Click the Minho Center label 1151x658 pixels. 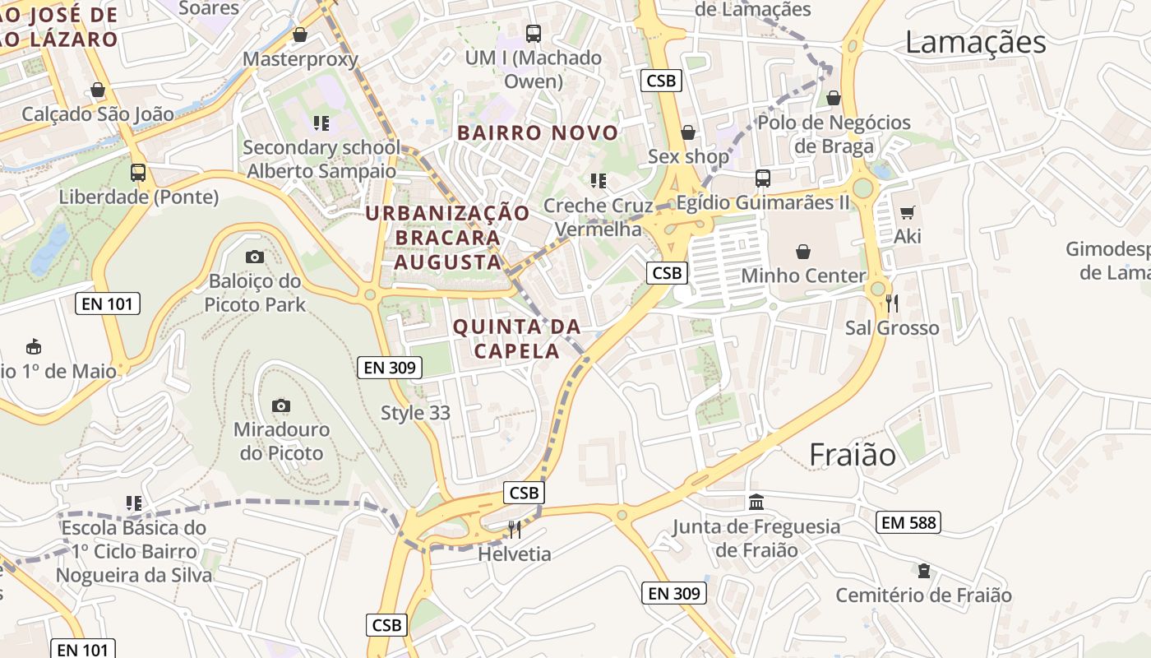[803, 276]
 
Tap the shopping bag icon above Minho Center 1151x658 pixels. [803, 252]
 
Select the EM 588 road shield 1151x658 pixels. [908, 522]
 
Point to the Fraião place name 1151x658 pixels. [853, 454]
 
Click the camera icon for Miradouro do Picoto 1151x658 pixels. [281, 405]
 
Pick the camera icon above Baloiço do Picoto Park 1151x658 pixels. [255, 257]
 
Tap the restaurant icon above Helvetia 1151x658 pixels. [515, 529]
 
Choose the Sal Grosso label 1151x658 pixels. [892, 328]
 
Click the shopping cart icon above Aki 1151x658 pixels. [908, 213]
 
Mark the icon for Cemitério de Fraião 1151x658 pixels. [924, 571]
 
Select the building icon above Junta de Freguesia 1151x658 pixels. [756, 502]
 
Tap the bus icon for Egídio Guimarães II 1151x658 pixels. [763, 178]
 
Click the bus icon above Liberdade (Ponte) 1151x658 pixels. [138, 173]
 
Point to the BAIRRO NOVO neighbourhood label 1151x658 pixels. [538, 132]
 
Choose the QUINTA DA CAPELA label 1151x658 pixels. [517, 339]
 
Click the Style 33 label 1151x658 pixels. [416, 413]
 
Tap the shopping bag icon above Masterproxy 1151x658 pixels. [300, 35]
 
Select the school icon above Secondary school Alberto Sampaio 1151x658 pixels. [321, 123]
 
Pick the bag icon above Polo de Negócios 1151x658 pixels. [834, 99]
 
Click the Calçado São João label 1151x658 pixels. [98, 114]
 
